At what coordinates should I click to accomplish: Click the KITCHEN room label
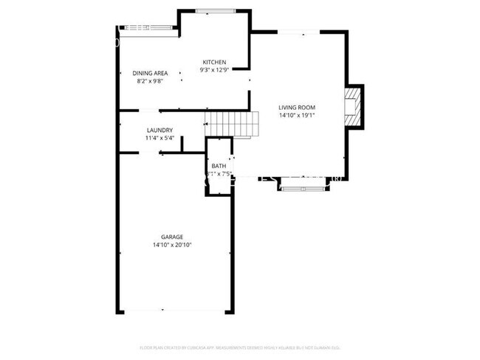click(x=214, y=62)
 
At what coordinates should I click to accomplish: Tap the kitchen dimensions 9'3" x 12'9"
click(x=214, y=70)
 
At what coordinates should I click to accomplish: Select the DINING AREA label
click(x=150, y=73)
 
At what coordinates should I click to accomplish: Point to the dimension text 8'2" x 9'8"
click(x=150, y=81)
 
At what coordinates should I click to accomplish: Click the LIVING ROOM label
click(x=297, y=108)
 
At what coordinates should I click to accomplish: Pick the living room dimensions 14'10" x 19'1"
click(x=297, y=116)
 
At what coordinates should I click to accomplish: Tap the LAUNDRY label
click(x=160, y=131)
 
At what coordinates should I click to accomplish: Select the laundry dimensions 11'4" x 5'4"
click(x=160, y=138)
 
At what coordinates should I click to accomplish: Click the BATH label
click(x=219, y=167)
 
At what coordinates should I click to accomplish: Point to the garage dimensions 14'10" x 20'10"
click(x=173, y=245)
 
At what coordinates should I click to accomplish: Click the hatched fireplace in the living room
click(x=355, y=107)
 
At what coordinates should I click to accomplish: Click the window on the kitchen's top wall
click(x=216, y=10)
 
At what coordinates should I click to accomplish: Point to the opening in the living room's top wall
click(x=298, y=31)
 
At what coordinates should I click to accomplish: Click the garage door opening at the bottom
click(x=174, y=311)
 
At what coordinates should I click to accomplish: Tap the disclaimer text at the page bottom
click(x=240, y=347)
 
